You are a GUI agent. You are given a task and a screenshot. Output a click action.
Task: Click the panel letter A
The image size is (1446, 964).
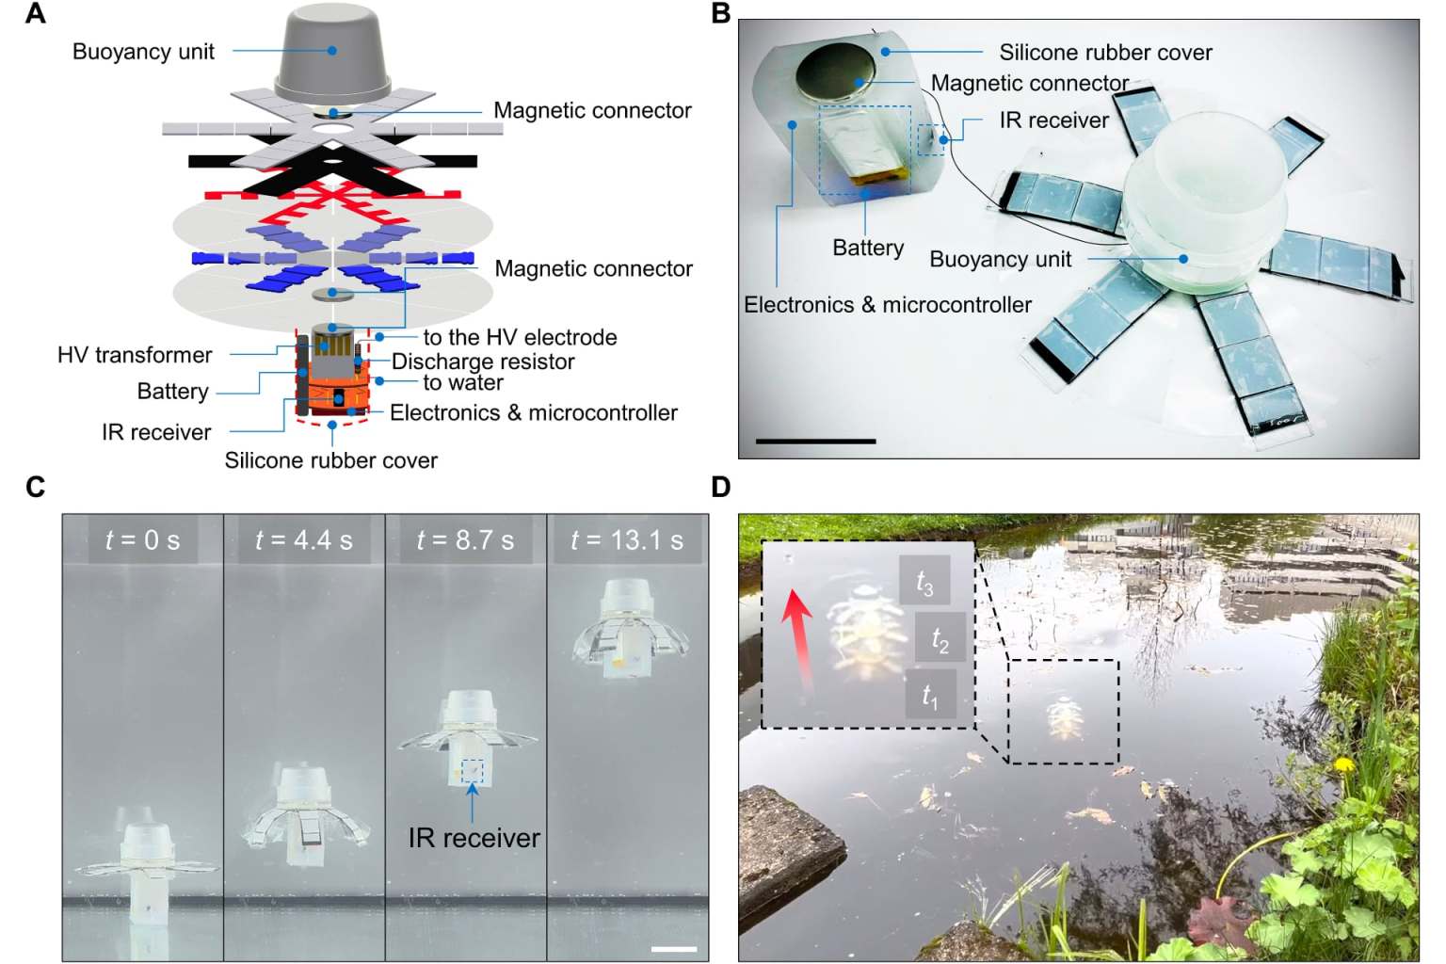[x=36, y=13]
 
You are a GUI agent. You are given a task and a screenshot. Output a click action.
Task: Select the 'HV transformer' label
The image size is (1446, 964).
[x=135, y=355]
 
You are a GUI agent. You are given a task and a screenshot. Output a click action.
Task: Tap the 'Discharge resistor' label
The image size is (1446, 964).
[x=483, y=361]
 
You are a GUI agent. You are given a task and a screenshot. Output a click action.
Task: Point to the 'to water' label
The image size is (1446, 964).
[x=463, y=382]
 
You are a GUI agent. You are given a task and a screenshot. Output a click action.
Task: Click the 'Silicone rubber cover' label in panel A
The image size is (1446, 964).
[x=330, y=460]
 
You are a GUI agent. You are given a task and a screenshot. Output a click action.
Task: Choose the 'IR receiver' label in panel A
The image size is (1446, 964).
[x=156, y=432]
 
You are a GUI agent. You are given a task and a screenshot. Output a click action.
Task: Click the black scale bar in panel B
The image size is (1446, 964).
[x=815, y=442]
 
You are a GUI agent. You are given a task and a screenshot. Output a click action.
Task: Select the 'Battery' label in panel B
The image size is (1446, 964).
[x=868, y=248]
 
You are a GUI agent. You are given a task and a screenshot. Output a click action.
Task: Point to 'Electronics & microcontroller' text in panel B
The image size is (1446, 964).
[x=888, y=305]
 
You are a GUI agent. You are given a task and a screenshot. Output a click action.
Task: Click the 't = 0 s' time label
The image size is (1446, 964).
[x=143, y=539]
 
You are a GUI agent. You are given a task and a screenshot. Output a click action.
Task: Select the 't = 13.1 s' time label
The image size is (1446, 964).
[x=627, y=539]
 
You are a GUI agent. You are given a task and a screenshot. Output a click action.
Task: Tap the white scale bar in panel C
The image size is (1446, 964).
[x=674, y=949]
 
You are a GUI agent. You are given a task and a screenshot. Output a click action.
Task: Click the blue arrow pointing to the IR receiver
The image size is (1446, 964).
[x=473, y=801]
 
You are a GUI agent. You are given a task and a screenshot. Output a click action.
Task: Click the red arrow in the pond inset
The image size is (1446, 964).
[x=798, y=639]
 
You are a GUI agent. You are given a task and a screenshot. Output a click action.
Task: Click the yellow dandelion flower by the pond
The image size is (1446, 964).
[x=1344, y=764]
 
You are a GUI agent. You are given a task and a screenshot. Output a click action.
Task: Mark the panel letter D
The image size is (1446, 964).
[x=721, y=487]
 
